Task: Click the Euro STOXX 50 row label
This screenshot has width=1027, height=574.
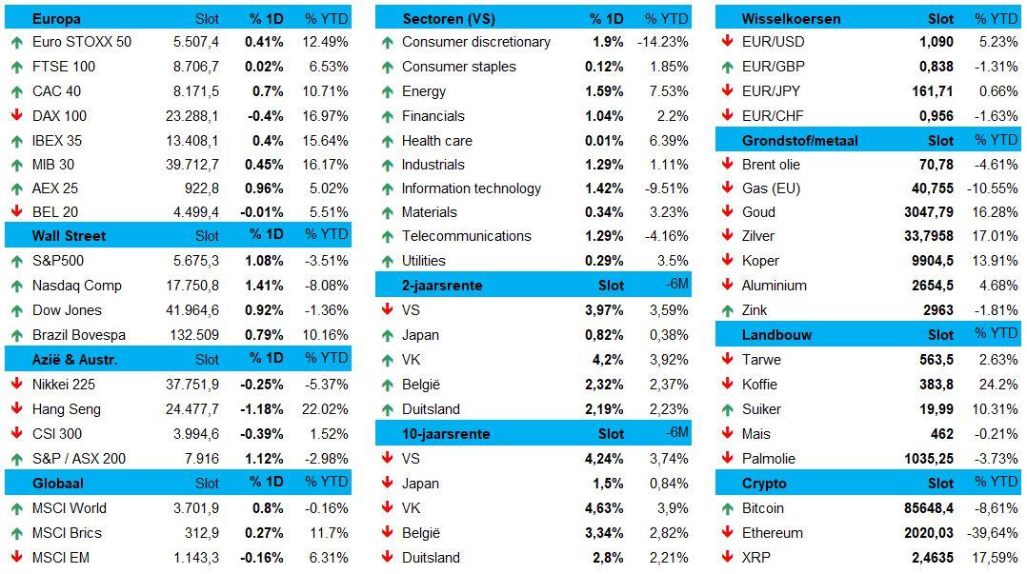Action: tap(82, 42)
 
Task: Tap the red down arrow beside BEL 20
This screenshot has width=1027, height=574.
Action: tap(17, 212)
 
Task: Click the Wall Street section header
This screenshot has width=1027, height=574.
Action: tap(69, 236)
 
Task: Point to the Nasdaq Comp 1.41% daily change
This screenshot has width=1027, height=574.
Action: tap(265, 286)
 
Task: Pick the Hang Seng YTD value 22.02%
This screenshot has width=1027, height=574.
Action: tap(326, 409)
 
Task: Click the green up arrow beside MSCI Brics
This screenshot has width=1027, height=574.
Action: tap(17, 533)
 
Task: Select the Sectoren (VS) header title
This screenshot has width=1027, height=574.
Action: tap(449, 18)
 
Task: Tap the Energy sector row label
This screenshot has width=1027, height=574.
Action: tap(424, 91)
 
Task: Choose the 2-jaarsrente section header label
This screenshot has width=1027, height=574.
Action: tap(443, 286)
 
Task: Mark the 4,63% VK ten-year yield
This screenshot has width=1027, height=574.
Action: tap(604, 508)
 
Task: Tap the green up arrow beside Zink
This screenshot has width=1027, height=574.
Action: tap(727, 310)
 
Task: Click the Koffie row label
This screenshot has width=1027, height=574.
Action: tap(760, 385)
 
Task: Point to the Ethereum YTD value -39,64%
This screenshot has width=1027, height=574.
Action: tap(992, 533)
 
